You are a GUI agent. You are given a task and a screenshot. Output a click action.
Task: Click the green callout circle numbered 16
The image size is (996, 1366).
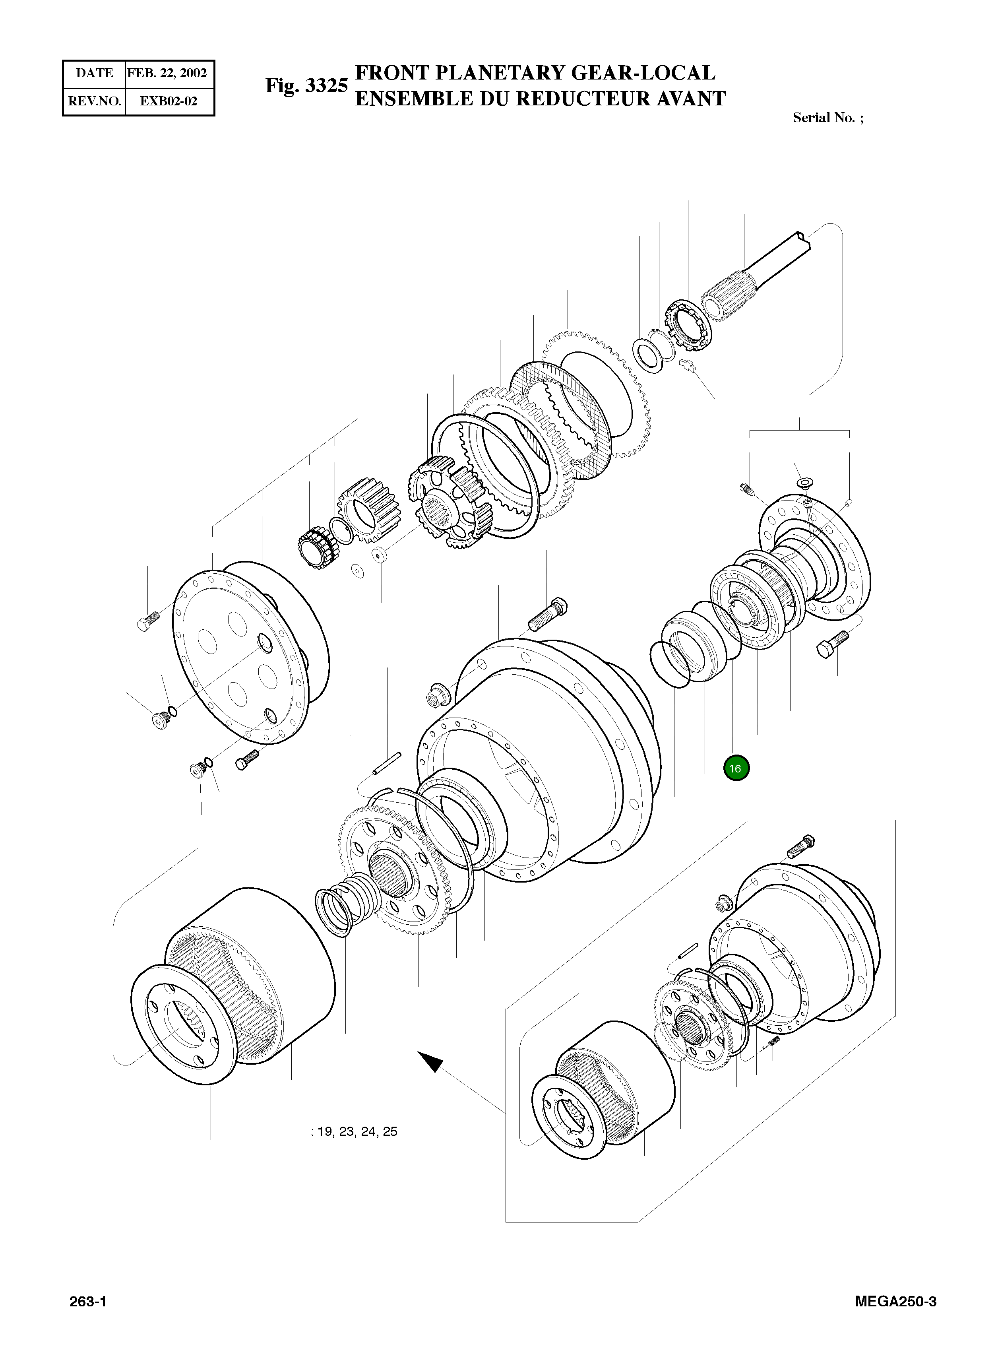click(736, 768)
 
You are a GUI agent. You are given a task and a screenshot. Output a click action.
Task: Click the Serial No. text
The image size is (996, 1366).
click(827, 118)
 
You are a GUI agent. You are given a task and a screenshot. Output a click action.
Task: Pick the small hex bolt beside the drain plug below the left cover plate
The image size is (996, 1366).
click(248, 758)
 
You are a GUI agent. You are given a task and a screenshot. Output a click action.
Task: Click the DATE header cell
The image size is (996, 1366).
click(95, 74)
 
